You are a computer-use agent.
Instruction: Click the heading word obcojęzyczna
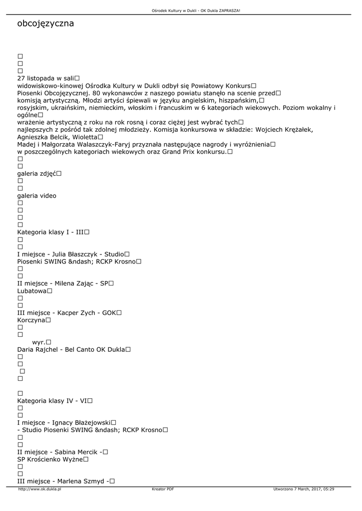(x=45, y=23)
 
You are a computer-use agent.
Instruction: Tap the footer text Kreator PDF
(x=163, y=489)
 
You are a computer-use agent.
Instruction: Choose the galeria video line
(x=36, y=196)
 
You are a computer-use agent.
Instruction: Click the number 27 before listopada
(x=21, y=78)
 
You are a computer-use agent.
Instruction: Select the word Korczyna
(x=31, y=320)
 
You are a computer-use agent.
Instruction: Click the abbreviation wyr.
(x=38, y=342)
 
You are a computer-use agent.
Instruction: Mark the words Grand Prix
(x=180, y=152)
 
